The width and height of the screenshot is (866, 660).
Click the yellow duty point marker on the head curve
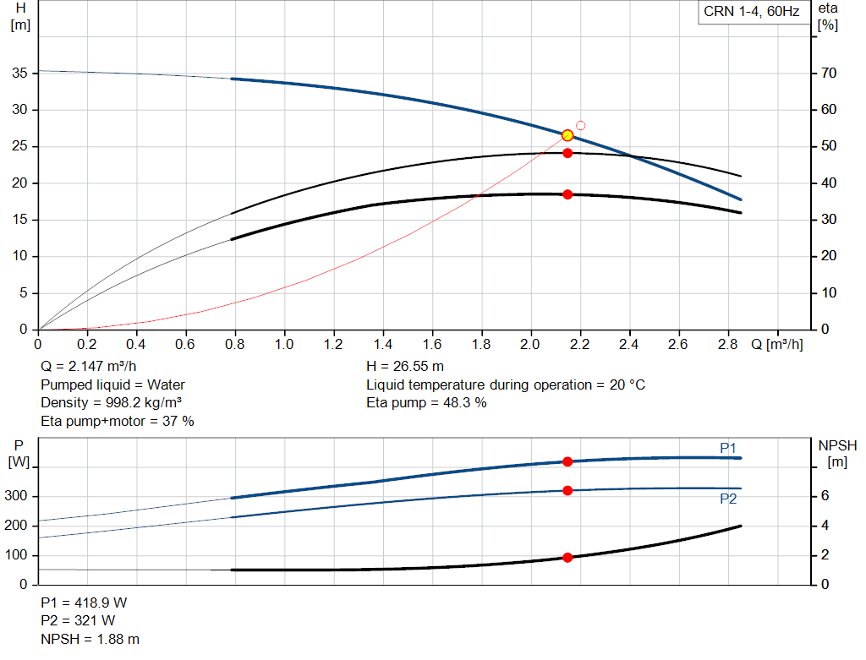567,135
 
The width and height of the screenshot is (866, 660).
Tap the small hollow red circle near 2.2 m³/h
581,125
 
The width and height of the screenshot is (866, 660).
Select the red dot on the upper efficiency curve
567,153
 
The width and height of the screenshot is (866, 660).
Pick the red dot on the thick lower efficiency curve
567,194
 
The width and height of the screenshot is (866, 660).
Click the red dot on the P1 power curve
567,461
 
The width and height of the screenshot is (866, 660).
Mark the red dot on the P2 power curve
567,490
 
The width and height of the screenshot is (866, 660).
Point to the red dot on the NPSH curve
567,557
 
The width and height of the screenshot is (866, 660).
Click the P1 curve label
728,448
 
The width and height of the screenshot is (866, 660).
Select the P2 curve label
728,499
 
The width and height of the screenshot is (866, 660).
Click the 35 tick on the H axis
19,74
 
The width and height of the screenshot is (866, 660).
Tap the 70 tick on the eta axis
828,74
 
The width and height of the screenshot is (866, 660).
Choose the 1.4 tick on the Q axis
383,346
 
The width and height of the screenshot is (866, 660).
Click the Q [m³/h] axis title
776,346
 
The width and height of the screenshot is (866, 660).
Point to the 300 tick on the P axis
18,496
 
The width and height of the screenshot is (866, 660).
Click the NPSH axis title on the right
837,445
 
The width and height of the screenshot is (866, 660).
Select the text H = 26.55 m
405,367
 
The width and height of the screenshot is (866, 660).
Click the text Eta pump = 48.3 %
426,402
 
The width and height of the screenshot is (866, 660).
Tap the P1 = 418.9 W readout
84,603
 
